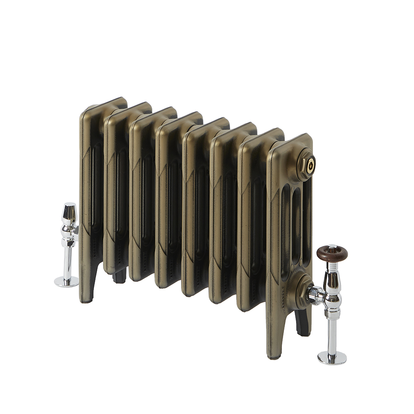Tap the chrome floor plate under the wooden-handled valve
coord(332,358)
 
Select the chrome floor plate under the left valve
coord(66,282)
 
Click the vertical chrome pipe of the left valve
coord(67,261)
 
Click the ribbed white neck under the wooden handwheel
coord(332,265)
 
